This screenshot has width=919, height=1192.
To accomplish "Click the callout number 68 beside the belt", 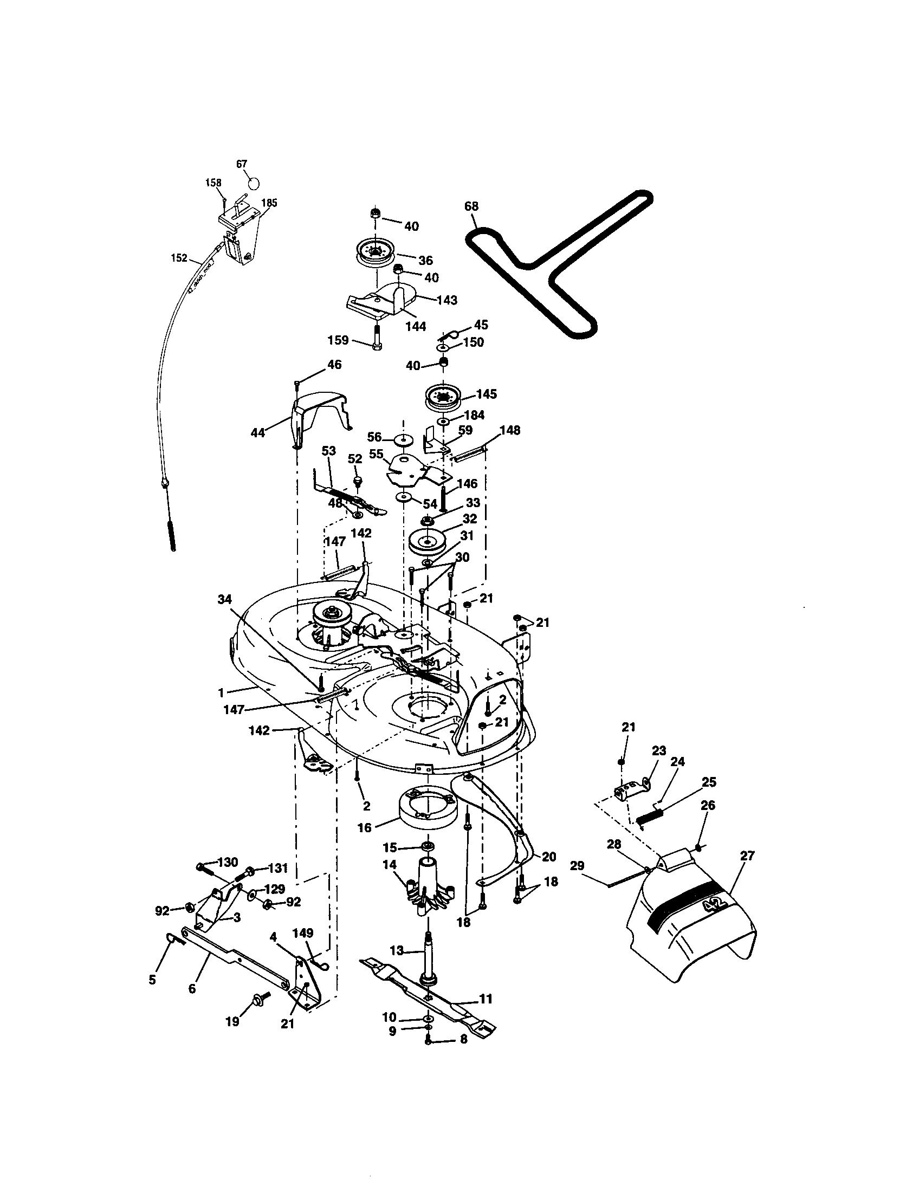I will click(x=471, y=206).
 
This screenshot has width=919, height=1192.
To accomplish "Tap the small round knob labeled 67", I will click(x=254, y=182).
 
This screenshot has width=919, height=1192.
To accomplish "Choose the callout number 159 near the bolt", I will click(x=338, y=340).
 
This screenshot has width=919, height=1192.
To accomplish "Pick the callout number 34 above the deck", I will click(x=224, y=599).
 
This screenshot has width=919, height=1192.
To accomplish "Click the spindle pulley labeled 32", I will click(x=428, y=542).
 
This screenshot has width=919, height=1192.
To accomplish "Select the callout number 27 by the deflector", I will click(x=747, y=856).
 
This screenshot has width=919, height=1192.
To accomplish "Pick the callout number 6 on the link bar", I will click(x=192, y=988).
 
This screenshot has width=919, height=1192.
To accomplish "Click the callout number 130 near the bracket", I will click(x=228, y=862).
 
